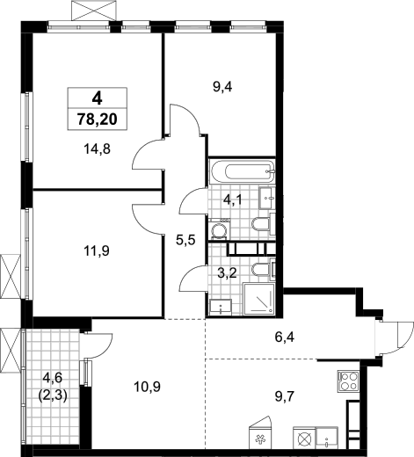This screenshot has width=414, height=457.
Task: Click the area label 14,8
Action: click(x=97, y=149)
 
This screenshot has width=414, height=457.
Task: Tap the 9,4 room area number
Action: click(x=222, y=87)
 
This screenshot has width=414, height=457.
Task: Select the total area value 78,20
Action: click(x=98, y=120)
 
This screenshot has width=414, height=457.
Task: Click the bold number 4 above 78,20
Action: click(x=97, y=98)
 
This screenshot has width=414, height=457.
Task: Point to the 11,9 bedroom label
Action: click(x=97, y=251)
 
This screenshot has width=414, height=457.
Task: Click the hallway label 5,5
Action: click(x=185, y=241)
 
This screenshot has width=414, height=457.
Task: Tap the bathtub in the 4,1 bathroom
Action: click(x=242, y=171)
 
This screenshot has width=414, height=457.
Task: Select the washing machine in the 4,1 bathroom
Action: click(x=220, y=229)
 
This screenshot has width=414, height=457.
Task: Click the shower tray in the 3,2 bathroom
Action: click(x=259, y=299)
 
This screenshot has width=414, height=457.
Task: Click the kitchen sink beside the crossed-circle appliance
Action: click(x=327, y=438)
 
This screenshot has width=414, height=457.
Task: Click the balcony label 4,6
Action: click(x=53, y=378)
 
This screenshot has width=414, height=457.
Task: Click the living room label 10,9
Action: click(x=147, y=388)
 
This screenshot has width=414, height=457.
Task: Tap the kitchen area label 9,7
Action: click(x=283, y=397)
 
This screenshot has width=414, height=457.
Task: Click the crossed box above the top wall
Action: click(x=93, y=11)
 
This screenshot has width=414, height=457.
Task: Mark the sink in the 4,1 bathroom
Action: click(x=267, y=198)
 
